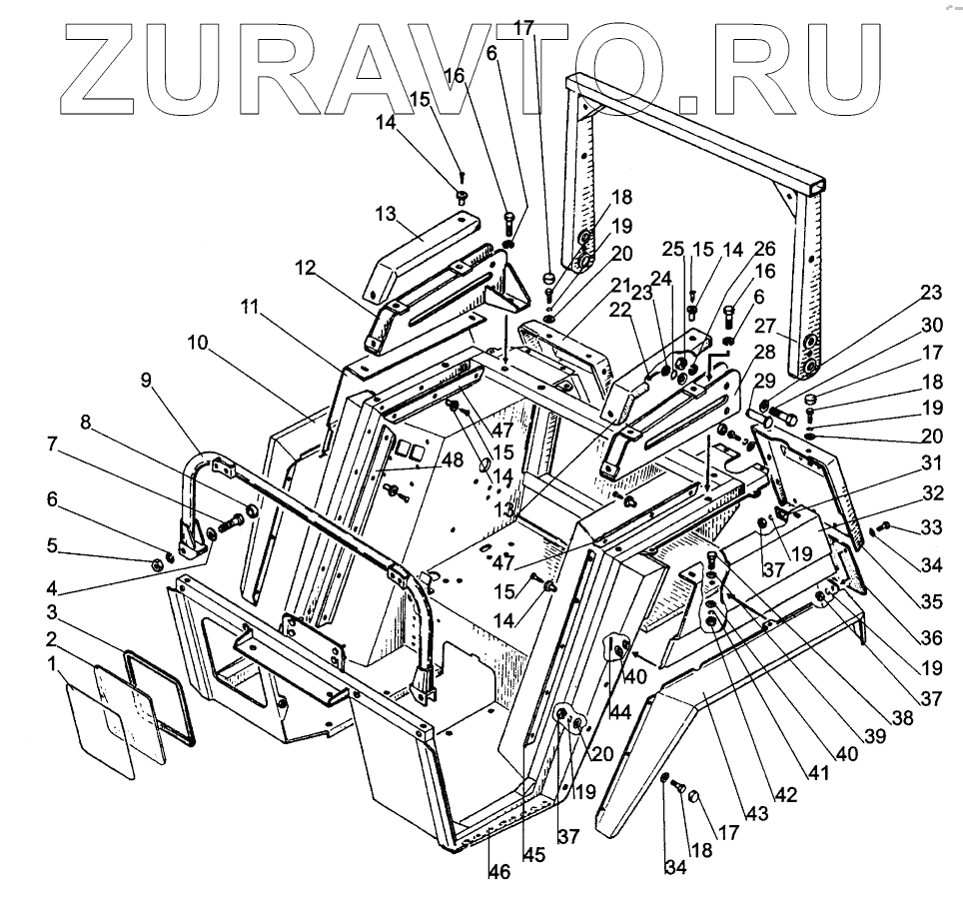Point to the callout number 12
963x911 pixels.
304,269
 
